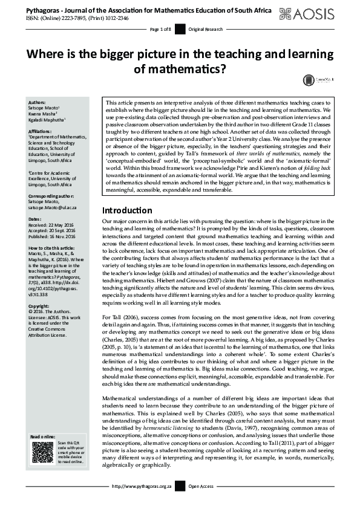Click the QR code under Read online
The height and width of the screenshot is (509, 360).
(x=43, y=452)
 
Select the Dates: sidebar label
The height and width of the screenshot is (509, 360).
(x=35, y=219)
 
